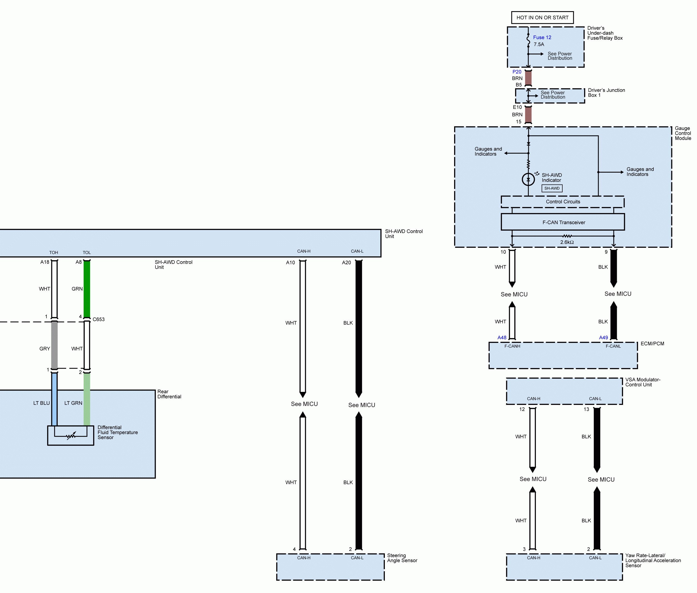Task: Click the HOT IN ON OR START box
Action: (x=542, y=17)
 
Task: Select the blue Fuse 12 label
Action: (x=542, y=37)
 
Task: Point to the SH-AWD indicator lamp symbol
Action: (x=528, y=179)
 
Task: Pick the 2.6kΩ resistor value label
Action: (x=567, y=242)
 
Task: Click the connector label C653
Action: (x=99, y=319)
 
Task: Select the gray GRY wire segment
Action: (x=54, y=345)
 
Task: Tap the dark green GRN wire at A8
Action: (x=87, y=289)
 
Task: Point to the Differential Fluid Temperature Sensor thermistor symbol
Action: (x=71, y=436)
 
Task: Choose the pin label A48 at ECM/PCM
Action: (x=502, y=337)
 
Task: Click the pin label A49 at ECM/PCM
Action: (x=604, y=337)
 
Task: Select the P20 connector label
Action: (x=517, y=72)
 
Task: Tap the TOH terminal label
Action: (x=53, y=252)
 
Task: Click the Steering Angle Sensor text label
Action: (x=402, y=558)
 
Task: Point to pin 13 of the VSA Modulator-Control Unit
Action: (x=586, y=409)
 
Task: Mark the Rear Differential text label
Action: (x=169, y=394)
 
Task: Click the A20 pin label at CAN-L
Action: (x=346, y=262)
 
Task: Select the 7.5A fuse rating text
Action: (x=538, y=44)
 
